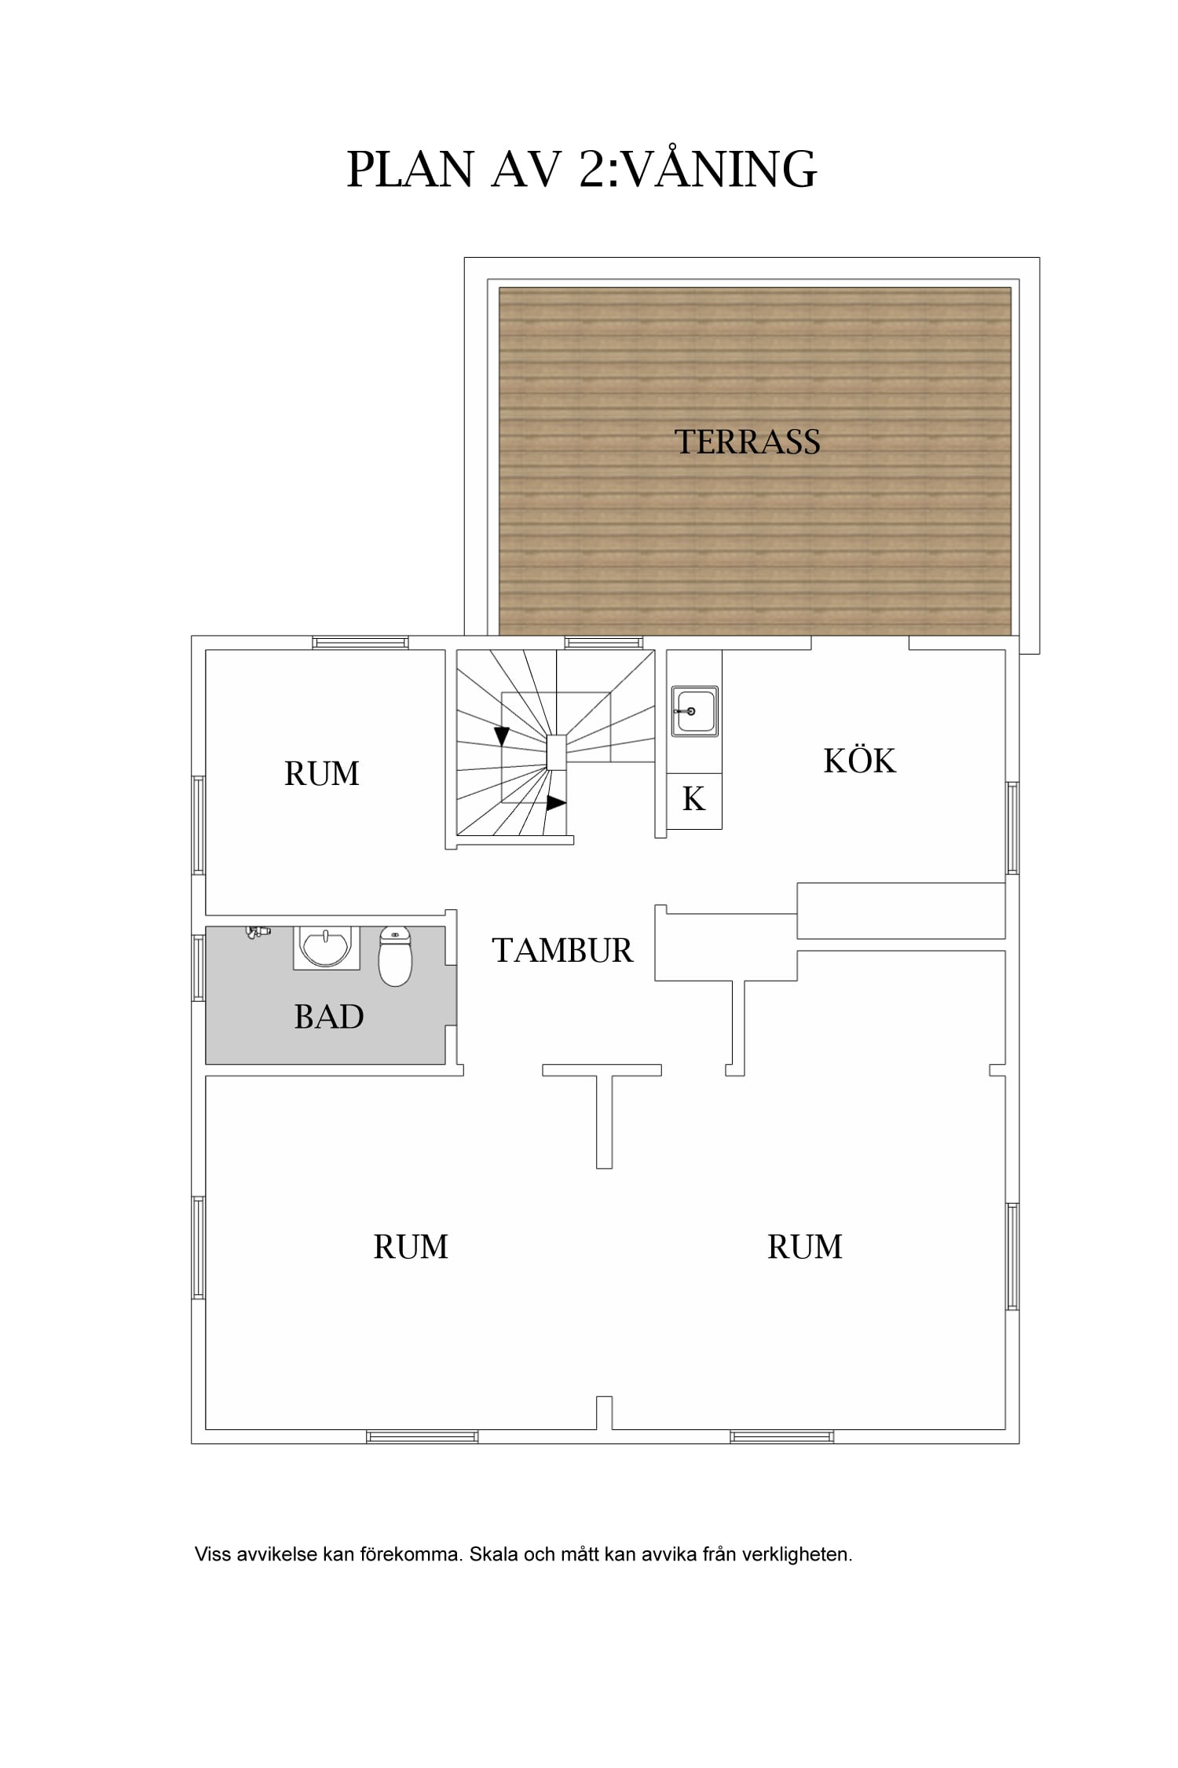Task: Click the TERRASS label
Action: click(x=748, y=442)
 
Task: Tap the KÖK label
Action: click(x=859, y=760)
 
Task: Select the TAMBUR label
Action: click(x=562, y=951)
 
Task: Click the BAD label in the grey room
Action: click(x=329, y=1017)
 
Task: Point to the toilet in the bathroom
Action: click(x=395, y=956)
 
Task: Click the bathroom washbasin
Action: click(x=326, y=948)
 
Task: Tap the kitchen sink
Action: click(x=694, y=711)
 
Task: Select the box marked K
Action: click(x=694, y=801)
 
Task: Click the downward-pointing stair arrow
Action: click(x=501, y=736)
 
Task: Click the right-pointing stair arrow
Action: click(x=556, y=803)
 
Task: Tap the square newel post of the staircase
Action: click(x=556, y=752)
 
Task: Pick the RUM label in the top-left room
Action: click(x=322, y=774)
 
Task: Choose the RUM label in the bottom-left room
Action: click(x=411, y=1247)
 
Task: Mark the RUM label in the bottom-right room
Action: click(x=805, y=1247)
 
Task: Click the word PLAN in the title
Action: click(x=410, y=169)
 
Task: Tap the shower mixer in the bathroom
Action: click(x=258, y=932)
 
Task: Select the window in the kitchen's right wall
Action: click(x=1013, y=828)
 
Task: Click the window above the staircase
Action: click(x=604, y=643)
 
